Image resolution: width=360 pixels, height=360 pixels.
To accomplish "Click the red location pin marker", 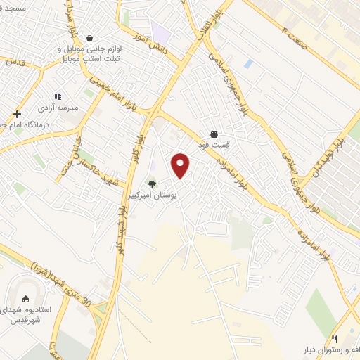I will click(181, 165).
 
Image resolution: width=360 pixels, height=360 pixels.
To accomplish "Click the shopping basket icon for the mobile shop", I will click(89, 39).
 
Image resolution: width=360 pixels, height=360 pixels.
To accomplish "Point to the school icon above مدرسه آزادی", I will click(58, 96).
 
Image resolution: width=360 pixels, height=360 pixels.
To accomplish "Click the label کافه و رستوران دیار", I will click(331, 352).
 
